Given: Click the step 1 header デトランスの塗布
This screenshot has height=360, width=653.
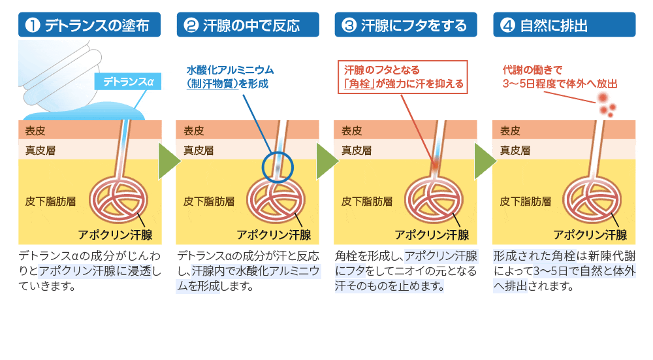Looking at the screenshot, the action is [x=89, y=25].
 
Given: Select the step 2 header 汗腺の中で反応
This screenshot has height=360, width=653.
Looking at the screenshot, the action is [x=247, y=25].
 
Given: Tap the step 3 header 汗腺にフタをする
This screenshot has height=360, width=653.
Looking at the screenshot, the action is [x=406, y=25].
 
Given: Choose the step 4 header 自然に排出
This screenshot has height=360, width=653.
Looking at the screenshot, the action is [x=564, y=25].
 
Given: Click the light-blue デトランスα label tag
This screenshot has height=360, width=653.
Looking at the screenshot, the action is [x=128, y=82].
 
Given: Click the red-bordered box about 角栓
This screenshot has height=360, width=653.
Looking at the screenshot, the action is [x=403, y=77].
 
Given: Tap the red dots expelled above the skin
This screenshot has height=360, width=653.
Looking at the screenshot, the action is [x=607, y=105].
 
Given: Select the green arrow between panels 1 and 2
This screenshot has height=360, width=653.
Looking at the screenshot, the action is [x=169, y=161].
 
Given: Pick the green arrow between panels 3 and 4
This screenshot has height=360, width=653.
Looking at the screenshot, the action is [x=485, y=161].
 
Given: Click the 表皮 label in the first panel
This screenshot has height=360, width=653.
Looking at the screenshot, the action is [x=35, y=131].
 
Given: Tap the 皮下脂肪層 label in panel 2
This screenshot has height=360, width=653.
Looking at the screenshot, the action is [x=209, y=202].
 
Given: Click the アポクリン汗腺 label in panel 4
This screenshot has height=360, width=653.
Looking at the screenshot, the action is [x=590, y=235].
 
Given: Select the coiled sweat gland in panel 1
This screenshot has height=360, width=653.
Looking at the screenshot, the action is [x=119, y=199].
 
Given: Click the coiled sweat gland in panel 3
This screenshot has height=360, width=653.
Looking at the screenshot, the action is [x=434, y=199].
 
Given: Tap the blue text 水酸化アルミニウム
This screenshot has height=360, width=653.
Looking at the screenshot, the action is [x=230, y=70].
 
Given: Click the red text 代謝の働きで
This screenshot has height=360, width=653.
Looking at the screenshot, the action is [x=533, y=70].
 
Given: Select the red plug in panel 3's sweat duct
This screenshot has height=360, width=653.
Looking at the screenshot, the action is [x=435, y=163].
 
